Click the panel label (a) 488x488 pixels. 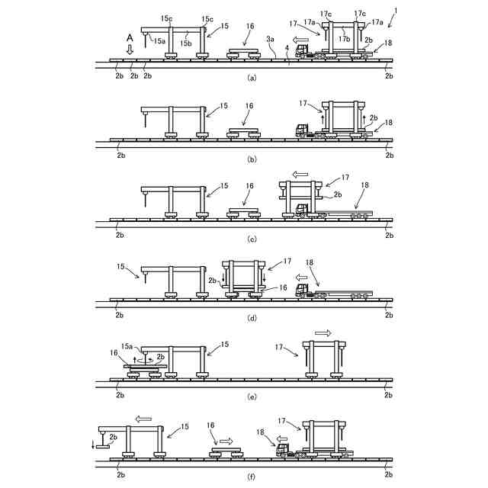click(x=252, y=78)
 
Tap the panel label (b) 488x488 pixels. click(x=252, y=158)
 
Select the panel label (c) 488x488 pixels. click(x=252, y=239)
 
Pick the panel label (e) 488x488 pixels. click(x=252, y=397)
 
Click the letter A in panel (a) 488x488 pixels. click(x=130, y=37)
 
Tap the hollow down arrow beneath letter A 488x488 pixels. click(x=130, y=49)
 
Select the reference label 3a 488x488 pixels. click(x=270, y=38)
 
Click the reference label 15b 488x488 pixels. click(x=185, y=44)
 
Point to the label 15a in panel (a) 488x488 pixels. click(x=159, y=41)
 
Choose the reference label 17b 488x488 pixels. click(x=344, y=38)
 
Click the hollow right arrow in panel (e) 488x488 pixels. click(x=323, y=333)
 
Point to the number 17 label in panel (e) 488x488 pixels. click(x=280, y=347)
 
